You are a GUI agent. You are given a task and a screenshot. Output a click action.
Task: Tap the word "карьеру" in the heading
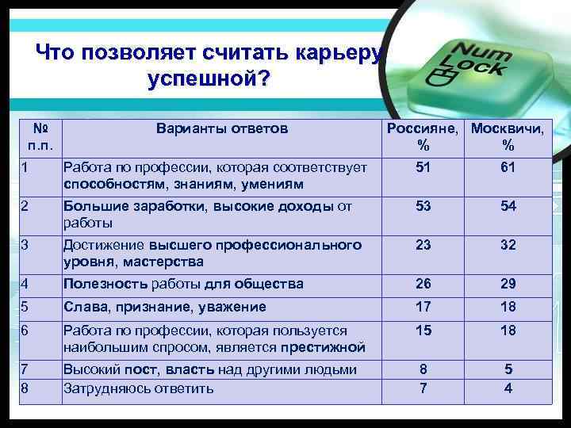click(339, 54)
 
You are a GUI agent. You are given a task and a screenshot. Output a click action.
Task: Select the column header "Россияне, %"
click(423, 136)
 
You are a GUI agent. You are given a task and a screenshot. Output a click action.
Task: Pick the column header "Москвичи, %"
click(508, 136)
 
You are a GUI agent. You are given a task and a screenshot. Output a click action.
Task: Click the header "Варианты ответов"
click(222, 128)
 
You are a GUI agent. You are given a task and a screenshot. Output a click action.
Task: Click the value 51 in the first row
click(423, 168)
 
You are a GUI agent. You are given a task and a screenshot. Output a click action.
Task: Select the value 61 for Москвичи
click(508, 168)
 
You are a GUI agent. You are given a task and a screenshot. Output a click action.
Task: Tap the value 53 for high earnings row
click(423, 206)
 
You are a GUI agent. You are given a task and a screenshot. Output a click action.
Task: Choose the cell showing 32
click(508, 245)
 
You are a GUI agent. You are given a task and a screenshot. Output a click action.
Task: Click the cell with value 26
click(423, 284)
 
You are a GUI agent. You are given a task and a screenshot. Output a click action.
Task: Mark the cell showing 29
click(508, 284)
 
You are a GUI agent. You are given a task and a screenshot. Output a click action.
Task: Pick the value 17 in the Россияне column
click(423, 307)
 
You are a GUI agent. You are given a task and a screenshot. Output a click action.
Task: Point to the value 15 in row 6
click(423, 331)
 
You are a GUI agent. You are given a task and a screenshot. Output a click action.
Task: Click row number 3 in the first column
click(26, 245)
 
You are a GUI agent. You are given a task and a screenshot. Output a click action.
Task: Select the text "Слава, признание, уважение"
click(165, 307)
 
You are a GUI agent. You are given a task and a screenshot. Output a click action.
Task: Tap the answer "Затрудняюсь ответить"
click(139, 388)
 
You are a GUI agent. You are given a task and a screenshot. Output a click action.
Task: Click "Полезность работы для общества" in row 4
click(183, 284)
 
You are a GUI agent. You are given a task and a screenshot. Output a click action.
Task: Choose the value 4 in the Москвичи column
click(508, 388)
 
